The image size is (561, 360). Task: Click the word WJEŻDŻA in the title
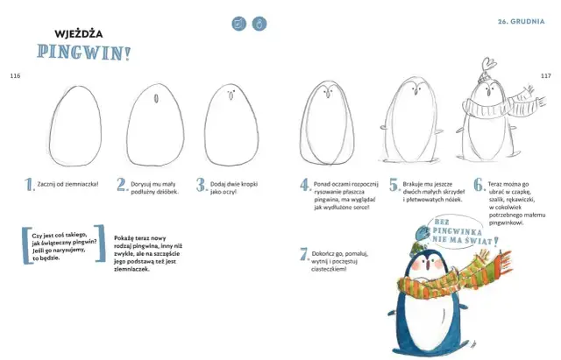[x=79, y=34]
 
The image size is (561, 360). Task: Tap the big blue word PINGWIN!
[x=84, y=53]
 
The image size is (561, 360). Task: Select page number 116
[x=15, y=76]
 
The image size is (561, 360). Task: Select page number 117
[x=546, y=76]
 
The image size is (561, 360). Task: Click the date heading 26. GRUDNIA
[x=522, y=21]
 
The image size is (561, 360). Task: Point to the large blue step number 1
[x=29, y=185]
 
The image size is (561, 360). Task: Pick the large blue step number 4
[x=305, y=185]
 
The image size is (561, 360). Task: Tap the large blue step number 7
[x=304, y=254]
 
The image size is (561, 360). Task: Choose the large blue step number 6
[x=479, y=185]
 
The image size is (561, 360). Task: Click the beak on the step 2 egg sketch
[x=156, y=99]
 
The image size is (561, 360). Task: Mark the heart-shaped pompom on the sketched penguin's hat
[x=488, y=65]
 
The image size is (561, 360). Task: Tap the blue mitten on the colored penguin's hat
[x=423, y=234]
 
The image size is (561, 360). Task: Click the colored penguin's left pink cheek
[x=415, y=265]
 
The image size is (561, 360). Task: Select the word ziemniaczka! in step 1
[x=83, y=184]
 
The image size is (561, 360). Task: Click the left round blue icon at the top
[x=239, y=24]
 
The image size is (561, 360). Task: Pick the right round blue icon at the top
[x=259, y=24]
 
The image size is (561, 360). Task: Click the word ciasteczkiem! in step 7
[x=329, y=269]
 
